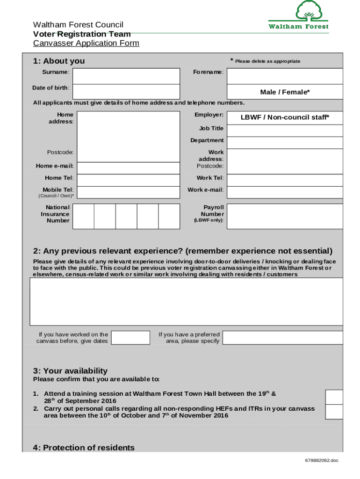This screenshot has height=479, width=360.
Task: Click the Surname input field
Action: point(126,76)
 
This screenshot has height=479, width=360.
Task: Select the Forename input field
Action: point(285,76)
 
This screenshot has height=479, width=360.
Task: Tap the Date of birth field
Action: point(126,92)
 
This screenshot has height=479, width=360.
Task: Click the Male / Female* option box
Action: point(285,92)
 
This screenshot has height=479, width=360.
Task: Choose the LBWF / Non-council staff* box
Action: point(285,117)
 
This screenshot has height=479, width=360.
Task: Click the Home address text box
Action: point(128,136)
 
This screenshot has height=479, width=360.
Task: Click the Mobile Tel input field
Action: point(128,192)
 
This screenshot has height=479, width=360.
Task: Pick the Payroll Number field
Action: point(285,216)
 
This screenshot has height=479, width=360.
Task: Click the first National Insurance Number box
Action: point(84,216)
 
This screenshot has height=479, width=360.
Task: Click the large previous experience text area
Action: point(186,302)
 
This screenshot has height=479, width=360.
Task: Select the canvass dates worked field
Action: point(131,338)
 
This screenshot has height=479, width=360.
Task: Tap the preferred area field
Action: point(283,338)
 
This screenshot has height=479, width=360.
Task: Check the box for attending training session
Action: point(334,397)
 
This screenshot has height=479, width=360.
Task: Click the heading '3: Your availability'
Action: point(70,371)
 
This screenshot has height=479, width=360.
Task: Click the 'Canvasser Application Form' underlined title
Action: point(86,43)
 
